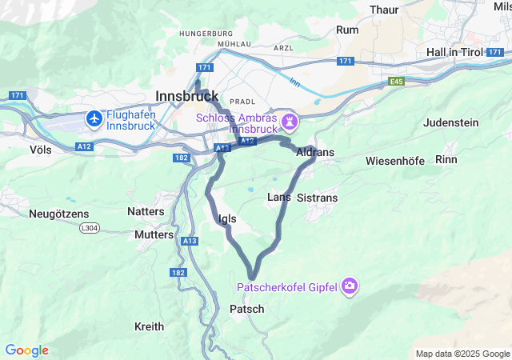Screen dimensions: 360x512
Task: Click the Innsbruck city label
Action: tap(187, 94)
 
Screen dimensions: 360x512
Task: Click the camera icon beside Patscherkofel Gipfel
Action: tap(349, 286)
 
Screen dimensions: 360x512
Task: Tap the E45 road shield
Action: tap(396, 82)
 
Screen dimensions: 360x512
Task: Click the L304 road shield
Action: tap(92, 229)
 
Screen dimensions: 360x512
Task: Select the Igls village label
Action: tap(226, 218)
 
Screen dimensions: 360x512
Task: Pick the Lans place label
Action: tap(278, 197)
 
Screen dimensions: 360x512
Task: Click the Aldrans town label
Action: tap(314, 152)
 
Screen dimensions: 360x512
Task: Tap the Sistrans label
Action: tap(317, 197)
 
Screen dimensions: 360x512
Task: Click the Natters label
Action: tap(146, 211)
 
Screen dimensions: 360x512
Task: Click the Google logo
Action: tap(26, 350)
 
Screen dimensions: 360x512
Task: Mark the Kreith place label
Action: tap(149, 326)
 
